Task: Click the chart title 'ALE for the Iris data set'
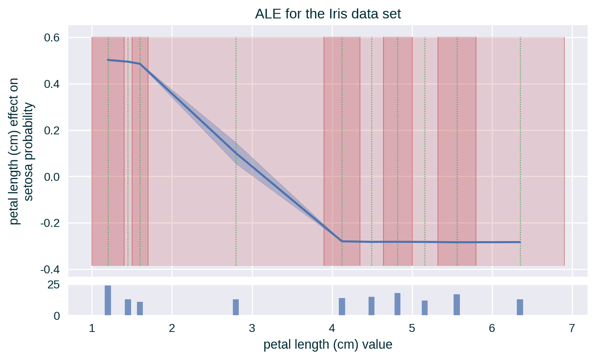coord(328,14)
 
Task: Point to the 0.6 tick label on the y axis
coord(52,38)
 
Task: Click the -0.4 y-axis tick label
coord(50,269)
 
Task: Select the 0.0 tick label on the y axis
coord(52,177)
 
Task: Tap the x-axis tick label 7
coord(572,328)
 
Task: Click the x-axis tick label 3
coord(252,328)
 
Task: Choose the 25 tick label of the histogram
coord(54,285)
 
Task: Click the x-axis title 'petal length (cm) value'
coord(328,345)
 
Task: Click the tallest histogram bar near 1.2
coord(108,300)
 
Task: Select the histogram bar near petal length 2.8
coord(236,307)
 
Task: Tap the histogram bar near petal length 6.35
coord(520,307)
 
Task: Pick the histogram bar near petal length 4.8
coord(397,304)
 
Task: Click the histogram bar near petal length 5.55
coord(457,304)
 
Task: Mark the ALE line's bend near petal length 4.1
coord(342,241)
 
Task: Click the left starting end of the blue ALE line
coord(108,60)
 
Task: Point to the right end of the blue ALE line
coord(520,242)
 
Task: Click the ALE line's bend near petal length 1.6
coord(140,64)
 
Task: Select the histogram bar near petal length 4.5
coord(372,306)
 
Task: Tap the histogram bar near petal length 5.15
coord(425,308)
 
